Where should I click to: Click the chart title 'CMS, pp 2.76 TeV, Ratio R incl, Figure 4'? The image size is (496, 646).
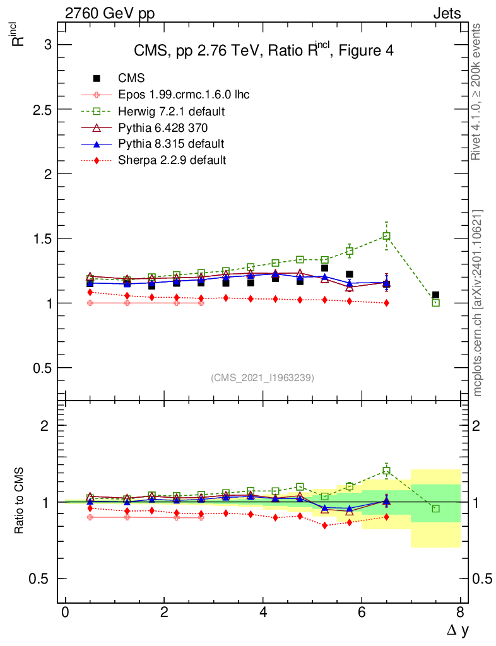[263, 50]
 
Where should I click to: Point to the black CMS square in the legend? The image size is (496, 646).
[97, 78]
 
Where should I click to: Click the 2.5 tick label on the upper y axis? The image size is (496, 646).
[42, 109]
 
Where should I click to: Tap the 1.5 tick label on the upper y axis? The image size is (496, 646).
[42, 238]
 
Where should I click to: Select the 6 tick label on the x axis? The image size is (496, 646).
[362, 613]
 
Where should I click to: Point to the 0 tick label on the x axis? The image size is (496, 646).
[65, 613]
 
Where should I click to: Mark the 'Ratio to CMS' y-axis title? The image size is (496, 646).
[19, 502]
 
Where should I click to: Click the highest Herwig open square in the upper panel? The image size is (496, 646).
[386, 236]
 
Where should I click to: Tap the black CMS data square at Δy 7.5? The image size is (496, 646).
[435, 295]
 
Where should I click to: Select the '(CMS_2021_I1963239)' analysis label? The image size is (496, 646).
[262, 377]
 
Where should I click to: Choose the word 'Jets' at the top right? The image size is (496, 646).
[446, 13]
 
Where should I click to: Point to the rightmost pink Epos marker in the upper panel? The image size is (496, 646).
[201, 303]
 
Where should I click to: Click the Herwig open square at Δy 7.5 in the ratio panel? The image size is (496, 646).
[435, 508]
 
